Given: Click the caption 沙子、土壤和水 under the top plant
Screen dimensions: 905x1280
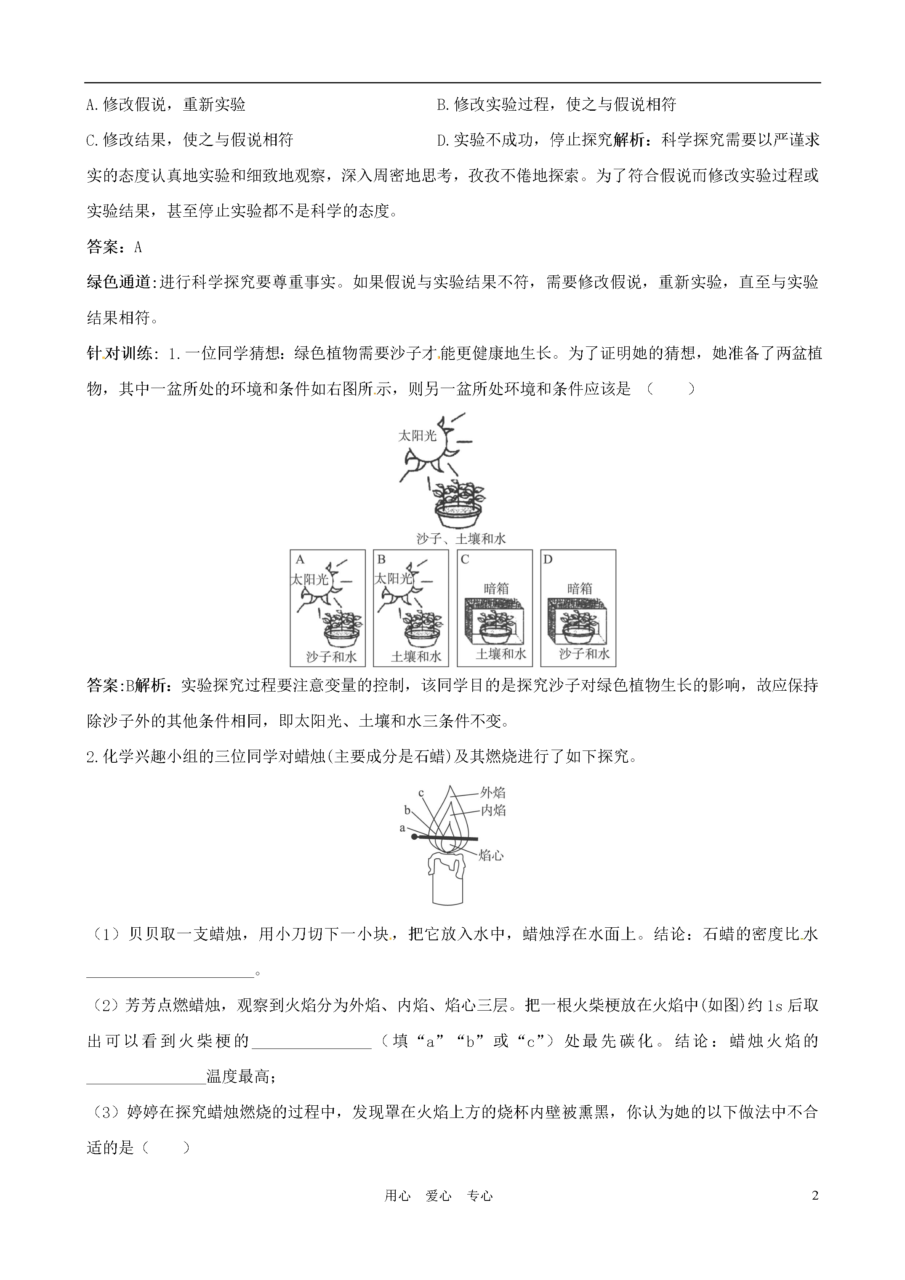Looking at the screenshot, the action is coord(461,538).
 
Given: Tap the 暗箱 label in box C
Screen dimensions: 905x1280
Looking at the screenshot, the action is coord(496,588).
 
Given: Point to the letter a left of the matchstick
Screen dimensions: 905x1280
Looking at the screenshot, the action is coord(402,828).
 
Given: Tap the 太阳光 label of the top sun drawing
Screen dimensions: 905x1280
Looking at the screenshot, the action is coord(417,435).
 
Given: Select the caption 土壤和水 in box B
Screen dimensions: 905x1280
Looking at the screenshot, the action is coord(416,656).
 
